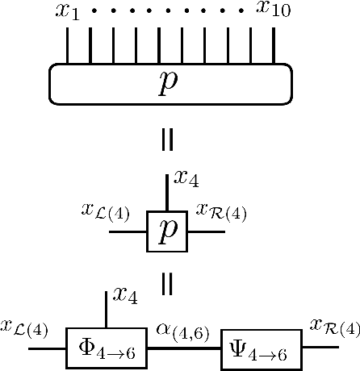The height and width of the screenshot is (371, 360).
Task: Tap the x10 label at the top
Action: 274,10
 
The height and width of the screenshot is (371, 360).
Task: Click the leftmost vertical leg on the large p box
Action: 67,46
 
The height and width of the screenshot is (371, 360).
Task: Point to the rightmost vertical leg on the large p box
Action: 274,46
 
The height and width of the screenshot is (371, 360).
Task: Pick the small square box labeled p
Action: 167,231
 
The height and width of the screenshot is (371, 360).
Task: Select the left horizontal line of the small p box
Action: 128,231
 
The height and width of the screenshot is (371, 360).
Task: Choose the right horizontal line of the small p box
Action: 205,231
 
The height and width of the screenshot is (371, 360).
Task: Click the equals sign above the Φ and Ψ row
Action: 167,283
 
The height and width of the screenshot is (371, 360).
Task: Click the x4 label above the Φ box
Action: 124,296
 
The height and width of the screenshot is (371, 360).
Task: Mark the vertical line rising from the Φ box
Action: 107,310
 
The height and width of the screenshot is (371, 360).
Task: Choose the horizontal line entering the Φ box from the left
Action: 47,348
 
